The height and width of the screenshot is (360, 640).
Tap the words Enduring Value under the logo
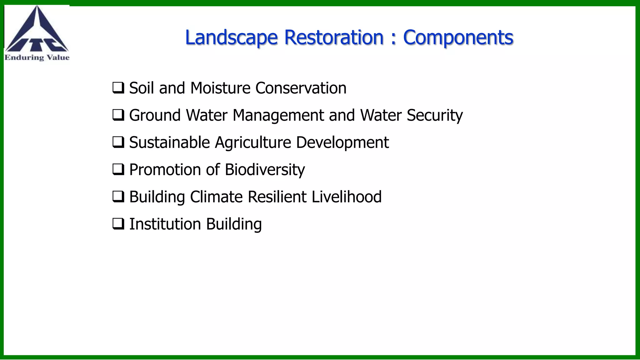click(x=37, y=57)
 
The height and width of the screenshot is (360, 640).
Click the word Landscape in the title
click(x=231, y=37)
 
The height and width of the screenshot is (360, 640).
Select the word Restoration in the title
click(x=334, y=37)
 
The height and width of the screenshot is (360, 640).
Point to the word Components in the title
click(x=458, y=37)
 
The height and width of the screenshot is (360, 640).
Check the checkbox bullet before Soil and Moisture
click(x=118, y=88)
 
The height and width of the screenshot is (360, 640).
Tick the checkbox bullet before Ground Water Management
click(x=118, y=115)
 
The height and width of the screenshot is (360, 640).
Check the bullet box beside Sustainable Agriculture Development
click(x=118, y=142)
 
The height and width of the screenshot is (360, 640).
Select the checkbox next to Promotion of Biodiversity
click(x=118, y=170)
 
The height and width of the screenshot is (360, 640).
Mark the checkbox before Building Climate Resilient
click(x=118, y=197)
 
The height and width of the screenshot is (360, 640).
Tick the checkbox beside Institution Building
click(x=118, y=224)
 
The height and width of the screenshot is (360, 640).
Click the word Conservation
click(x=301, y=88)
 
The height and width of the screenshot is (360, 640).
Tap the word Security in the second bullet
click(x=434, y=115)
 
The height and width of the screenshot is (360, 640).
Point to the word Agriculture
click(x=253, y=143)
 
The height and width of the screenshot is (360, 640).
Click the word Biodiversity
click(x=265, y=170)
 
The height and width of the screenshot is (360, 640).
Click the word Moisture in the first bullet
click(x=220, y=88)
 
